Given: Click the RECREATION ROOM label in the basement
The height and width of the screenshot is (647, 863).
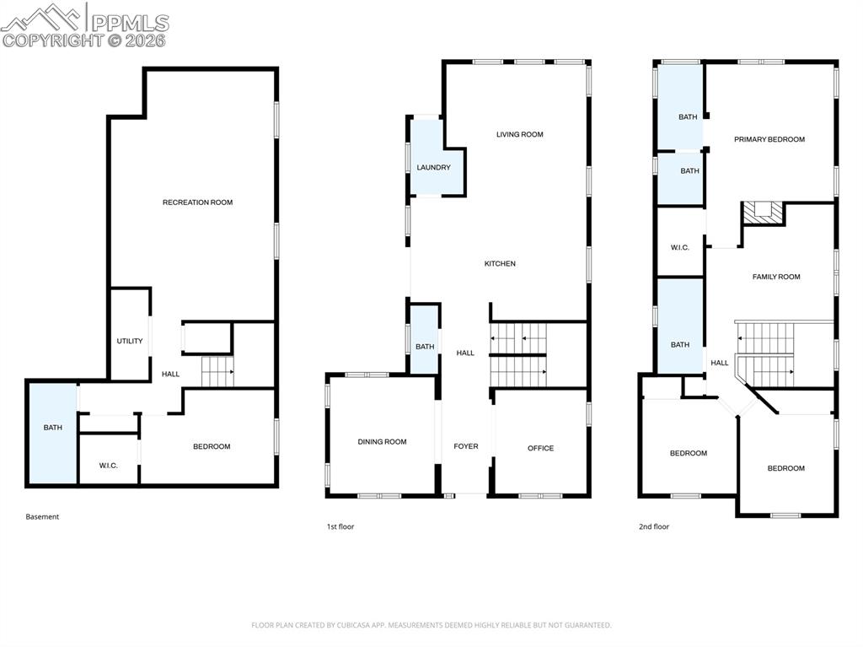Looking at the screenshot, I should coord(197,202).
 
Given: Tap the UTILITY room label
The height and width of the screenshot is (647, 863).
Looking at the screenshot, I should coord(130,341).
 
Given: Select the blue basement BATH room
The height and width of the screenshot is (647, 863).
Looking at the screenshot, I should coord(52,432).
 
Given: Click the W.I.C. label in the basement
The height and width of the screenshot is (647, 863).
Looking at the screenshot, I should coord(108,466).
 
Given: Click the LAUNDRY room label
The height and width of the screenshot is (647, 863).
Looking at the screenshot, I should coord(433,168).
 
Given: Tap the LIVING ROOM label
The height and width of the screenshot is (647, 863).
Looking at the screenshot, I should coord(519,134).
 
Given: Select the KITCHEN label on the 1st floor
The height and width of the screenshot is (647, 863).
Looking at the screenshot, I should coord(499,264).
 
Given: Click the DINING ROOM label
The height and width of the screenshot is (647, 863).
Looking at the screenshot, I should coord(382,442).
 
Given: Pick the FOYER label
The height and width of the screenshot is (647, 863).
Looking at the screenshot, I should coord(465,447).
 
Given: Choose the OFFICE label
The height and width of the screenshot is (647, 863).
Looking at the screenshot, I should coord(540,448).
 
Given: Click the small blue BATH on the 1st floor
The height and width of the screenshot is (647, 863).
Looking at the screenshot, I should coord(424,346).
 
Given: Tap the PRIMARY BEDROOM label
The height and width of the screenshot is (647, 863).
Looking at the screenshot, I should coord(769,139).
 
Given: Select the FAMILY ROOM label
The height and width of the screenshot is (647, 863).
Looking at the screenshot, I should coord(775,277).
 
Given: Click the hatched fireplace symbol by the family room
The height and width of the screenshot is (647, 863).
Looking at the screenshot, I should coord(762,213).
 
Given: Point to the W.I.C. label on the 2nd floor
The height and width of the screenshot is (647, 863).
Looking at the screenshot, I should coord(679,247).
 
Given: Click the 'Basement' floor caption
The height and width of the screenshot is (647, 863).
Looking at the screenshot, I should coord(42,516).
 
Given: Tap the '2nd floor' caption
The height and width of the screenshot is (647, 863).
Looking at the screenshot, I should coord(653,526).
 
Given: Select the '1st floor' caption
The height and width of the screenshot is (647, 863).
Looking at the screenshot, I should coord(340,526).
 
